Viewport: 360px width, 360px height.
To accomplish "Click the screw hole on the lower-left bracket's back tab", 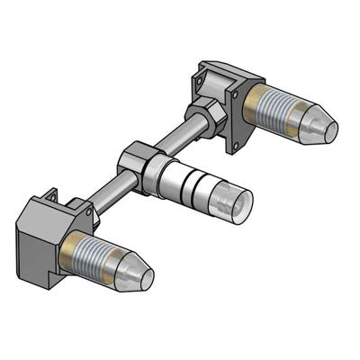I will pyautogui.click(x=51, y=194).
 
